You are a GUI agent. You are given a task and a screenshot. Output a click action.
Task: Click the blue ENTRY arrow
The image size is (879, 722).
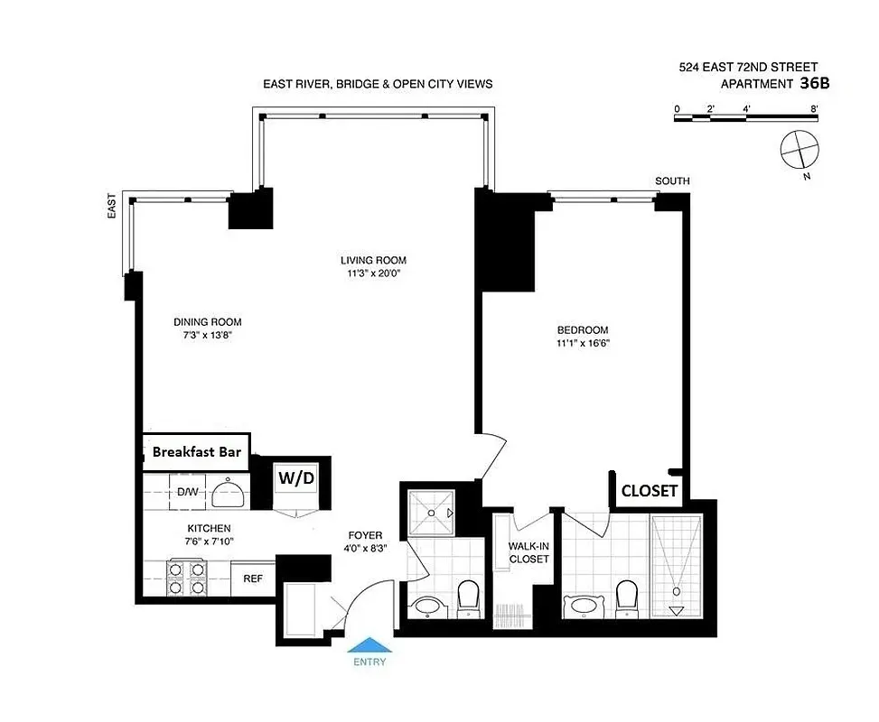pos(370,644)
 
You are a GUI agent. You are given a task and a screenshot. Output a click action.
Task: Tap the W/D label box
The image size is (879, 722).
pos(295,477)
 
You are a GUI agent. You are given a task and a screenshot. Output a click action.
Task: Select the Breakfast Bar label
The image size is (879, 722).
pos(196,451)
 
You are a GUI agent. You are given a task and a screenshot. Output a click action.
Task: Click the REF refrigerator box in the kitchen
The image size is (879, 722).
pos(252,579)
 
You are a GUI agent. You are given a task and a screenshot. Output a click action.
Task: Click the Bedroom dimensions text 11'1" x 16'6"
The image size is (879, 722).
pos(582,342)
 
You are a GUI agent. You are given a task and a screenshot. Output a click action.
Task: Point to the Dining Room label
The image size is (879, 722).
pos(207,321)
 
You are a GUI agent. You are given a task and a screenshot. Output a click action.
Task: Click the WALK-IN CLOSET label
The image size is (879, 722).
pos(528,552)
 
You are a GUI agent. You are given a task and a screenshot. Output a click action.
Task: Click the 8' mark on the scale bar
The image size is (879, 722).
pos(814,107)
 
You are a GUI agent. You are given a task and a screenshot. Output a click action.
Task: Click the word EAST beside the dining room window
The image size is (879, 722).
pos(111,208)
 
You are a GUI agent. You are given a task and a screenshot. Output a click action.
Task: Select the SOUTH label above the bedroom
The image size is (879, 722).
pos(672,181)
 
